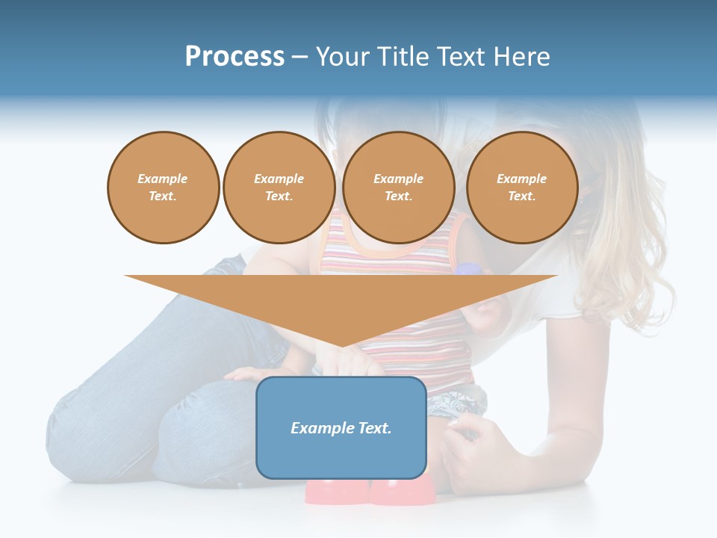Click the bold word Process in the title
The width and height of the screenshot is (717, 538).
click(235, 57)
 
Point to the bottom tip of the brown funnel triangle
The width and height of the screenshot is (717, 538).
click(341, 346)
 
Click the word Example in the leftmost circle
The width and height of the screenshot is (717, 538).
click(163, 179)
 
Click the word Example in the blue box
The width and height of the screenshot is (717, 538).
click(319, 428)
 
